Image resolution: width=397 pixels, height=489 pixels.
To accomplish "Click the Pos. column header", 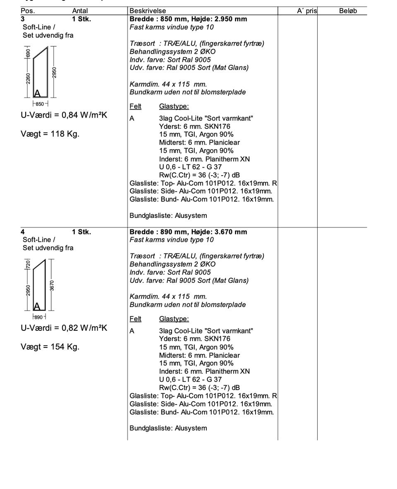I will pyautogui.click(x=28, y=11).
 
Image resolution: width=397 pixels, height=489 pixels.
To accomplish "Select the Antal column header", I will pyautogui.click(x=80, y=11).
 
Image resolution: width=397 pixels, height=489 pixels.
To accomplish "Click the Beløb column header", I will pyautogui.click(x=348, y=11).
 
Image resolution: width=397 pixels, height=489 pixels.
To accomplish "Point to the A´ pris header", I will pyautogui.click(x=306, y=11).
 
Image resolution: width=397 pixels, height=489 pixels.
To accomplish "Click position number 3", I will pyautogui.click(x=23, y=19).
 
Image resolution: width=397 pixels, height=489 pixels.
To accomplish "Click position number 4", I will pyautogui.click(x=23, y=232).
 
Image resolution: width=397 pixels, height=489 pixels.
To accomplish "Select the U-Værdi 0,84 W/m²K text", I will pyautogui.click(x=64, y=115).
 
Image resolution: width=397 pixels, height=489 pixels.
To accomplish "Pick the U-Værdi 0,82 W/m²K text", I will pyautogui.click(x=64, y=328).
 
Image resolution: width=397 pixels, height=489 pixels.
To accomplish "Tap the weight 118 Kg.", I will pyautogui.click(x=50, y=134).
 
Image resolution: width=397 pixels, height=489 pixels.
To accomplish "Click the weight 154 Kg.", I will pyautogui.click(x=50, y=347).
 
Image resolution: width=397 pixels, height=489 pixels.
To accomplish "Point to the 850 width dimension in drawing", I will pyautogui.click(x=40, y=104).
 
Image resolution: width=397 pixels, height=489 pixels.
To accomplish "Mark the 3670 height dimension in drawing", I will pyautogui.click(x=52, y=285).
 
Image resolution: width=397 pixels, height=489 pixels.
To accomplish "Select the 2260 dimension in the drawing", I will pyautogui.click(x=28, y=78).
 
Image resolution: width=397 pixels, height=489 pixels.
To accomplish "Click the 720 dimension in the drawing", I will pyautogui.click(x=28, y=265).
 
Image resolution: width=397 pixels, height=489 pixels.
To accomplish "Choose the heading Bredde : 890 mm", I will pyautogui.click(x=188, y=232).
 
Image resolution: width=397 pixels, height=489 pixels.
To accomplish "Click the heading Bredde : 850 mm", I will pyautogui.click(x=188, y=19).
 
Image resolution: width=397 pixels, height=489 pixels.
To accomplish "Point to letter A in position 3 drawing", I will pyautogui.click(x=37, y=93).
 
